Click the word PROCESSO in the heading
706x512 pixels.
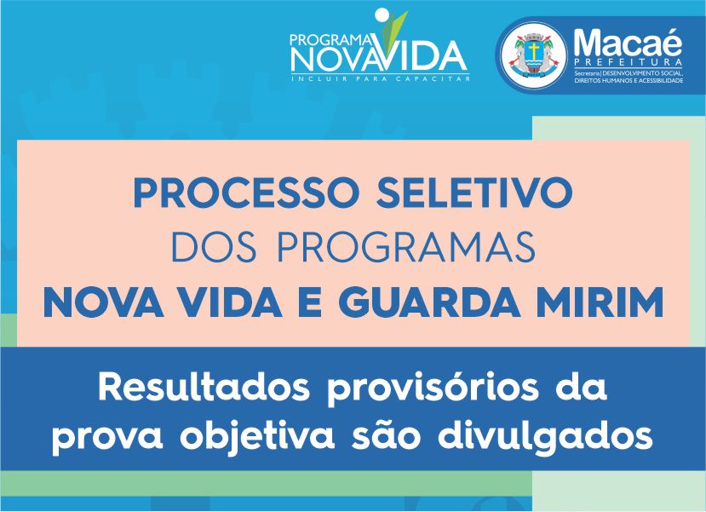pos(246,193)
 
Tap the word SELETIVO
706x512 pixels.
pos(474,193)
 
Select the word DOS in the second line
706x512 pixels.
pos(215,247)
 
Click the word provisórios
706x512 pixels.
pos(433,390)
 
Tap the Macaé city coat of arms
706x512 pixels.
pos(534,55)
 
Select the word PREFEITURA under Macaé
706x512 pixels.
pos(629,62)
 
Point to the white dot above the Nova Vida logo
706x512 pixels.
pos(382,14)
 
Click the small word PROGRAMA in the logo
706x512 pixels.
pos(330,41)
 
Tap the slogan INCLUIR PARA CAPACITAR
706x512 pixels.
pos(381,79)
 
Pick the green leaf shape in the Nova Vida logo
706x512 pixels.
pos(395,27)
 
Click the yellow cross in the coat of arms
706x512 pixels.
pos(534,50)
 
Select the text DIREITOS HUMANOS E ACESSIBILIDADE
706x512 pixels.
pos(629,80)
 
